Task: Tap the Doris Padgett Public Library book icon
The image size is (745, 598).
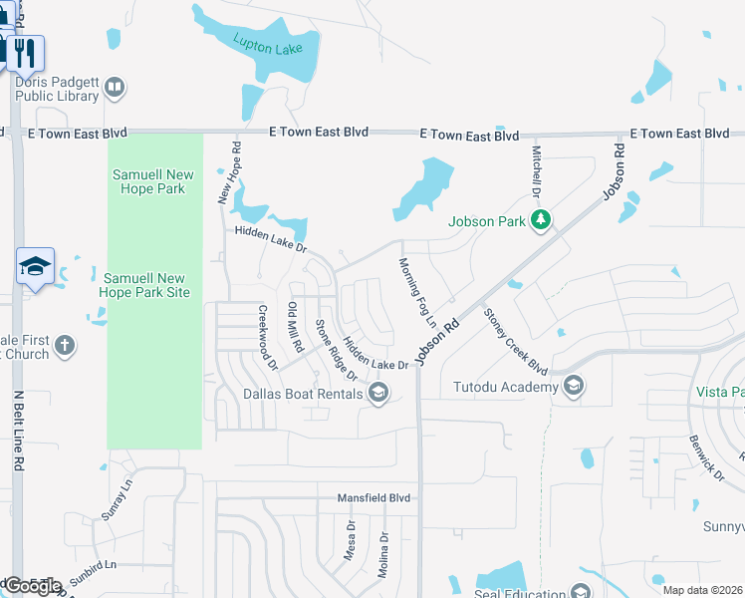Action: (115, 89)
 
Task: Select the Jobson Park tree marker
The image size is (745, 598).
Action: (541, 220)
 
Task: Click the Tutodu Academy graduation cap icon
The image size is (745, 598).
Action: (573, 386)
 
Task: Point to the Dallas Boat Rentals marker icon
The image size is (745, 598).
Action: (377, 394)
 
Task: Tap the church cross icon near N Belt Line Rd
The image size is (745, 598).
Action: (64, 346)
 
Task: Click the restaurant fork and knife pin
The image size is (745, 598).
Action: (25, 52)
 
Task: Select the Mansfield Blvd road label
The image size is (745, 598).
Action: (373, 496)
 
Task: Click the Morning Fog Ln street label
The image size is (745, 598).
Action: (417, 294)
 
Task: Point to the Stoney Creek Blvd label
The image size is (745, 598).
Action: (516, 341)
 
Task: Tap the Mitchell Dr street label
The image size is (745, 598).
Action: (535, 170)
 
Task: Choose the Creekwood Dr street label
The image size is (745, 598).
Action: (268, 337)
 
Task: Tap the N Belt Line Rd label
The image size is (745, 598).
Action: (17, 432)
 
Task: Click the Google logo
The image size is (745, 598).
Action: (32, 586)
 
